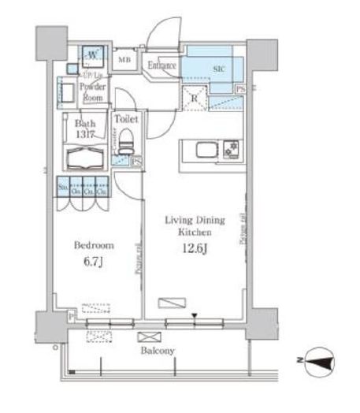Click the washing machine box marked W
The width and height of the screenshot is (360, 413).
[x=93, y=54]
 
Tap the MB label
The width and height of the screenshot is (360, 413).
[x=124, y=60]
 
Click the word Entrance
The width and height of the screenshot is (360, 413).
[x=161, y=65]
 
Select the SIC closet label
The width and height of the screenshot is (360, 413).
[x=218, y=68]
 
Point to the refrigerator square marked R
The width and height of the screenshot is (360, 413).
[x=192, y=99]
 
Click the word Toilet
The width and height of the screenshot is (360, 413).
[x=127, y=119]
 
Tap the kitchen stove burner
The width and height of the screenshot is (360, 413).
[x=231, y=148]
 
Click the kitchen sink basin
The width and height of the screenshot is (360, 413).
[x=199, y=148]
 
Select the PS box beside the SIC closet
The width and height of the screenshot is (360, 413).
[x=241, y=91]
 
